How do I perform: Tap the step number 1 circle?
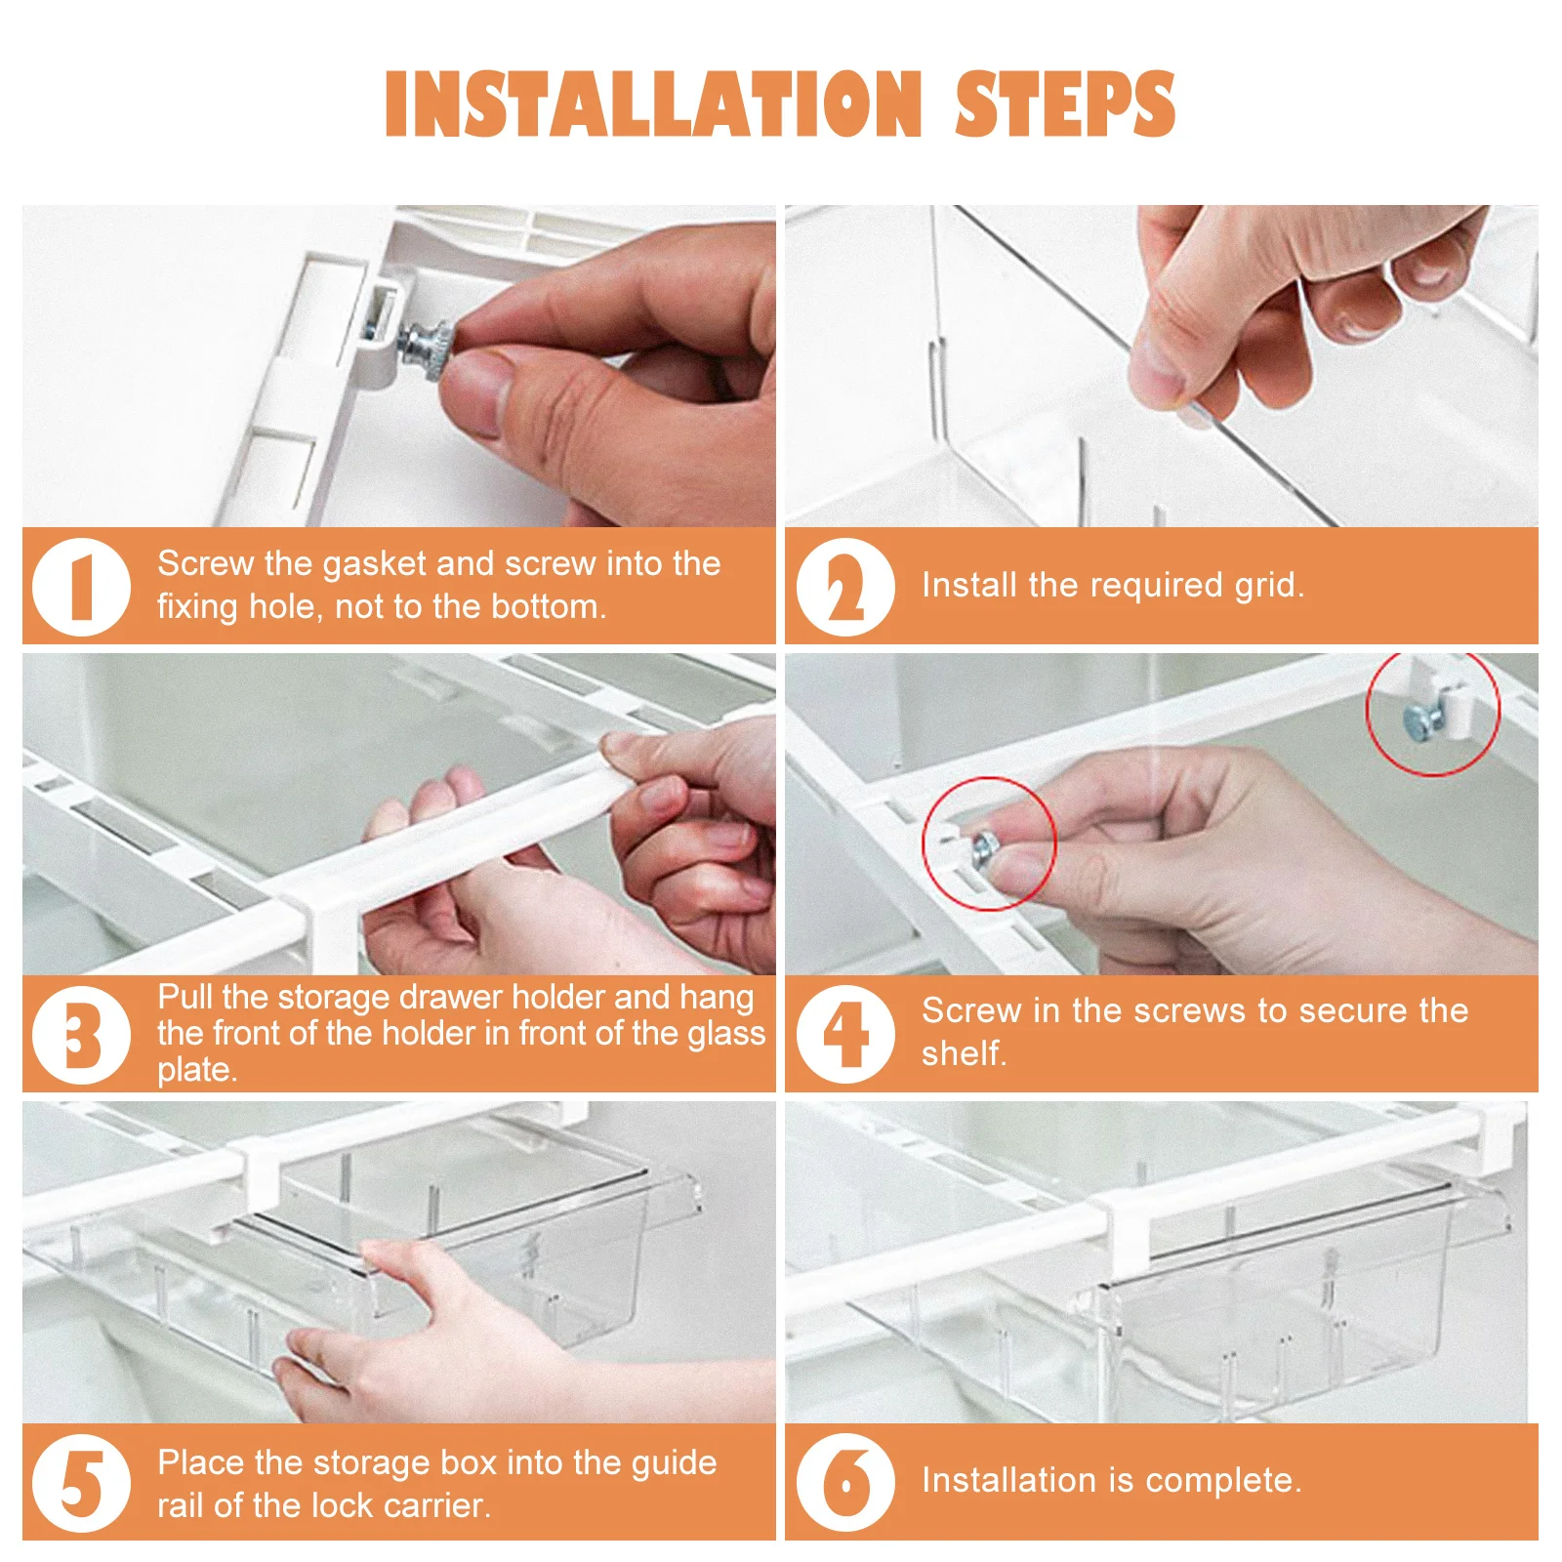click(81, 587)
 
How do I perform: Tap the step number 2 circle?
click(844, 587)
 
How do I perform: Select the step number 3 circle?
click(81, 1034)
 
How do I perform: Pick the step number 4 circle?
click(844, 1034)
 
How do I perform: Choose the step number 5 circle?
click(81, 1482)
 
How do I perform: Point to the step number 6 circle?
click(844, 1482)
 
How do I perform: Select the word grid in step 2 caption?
click(1268, 586)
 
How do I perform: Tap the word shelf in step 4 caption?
click(963, 1054)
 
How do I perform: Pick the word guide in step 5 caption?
click(674, 1462)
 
